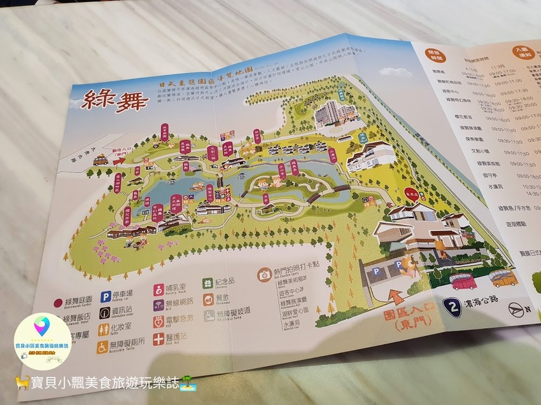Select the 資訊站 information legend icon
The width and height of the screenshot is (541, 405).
tap(104, 312)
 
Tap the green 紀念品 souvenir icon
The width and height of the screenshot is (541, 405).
tap(208, 283)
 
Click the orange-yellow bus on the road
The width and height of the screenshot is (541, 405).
tap(503, 277)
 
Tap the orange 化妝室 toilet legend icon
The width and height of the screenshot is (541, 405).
tap(104, 330)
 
